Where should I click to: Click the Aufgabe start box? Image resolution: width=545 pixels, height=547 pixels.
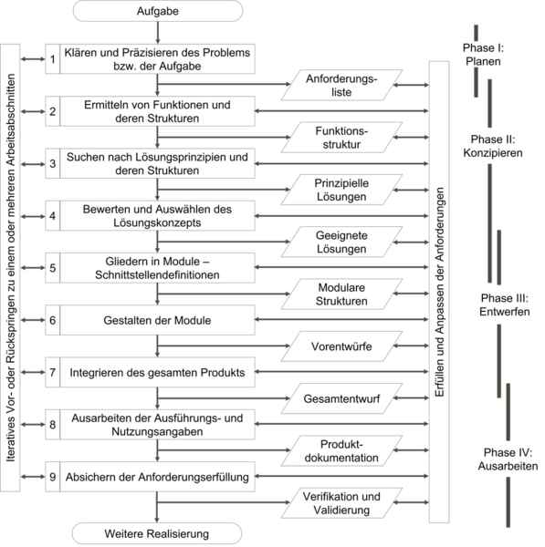pyautogui.click(x=158, y=11)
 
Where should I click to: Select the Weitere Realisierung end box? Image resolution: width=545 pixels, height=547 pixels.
pyautogui.click(x=157, y=533)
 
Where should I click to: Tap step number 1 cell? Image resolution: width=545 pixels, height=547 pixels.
pyautogui.click(x=53, y=59)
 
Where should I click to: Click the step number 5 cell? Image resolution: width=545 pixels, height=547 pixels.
pyautogui.click(x=53, y=268)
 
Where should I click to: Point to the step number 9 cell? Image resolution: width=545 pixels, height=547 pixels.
pyautogui.click(x=53, y=477)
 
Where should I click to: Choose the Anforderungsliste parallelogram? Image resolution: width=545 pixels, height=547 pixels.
pyautogui.click(x=341, y=85)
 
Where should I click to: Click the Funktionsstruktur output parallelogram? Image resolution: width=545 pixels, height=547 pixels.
pyautogui.click(x=341, y=138)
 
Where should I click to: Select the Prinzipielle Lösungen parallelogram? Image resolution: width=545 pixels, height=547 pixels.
pyautogui.click(x=341, y=190)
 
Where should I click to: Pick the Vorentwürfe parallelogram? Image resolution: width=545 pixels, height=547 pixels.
pyautogui.click(x=341, y=346)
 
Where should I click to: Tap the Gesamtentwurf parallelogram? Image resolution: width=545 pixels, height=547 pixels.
pyautogui.click(x=341, y=398)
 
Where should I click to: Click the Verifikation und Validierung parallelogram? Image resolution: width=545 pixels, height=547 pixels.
pyautogui.click(x=341, y=503)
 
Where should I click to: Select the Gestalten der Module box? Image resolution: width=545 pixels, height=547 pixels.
pyautogui.click(x=157, y=320)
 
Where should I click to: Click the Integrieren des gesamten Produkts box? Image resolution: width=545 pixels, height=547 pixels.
pyautogui.click(x=157, y=372)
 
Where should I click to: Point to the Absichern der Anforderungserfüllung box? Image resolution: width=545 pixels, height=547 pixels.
pyautogui.click(x=157, y=477)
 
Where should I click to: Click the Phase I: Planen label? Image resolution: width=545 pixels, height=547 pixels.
pyautogui.click(x=483, y=55)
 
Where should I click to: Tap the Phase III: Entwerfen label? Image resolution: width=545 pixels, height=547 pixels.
pyautogui.click(x=505, y=304)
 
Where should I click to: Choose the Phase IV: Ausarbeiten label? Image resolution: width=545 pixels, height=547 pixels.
pyautogui.click(x=508, y=459)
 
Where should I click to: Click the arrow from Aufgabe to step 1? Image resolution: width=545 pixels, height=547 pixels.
pyautogui.click(x=158, y=33)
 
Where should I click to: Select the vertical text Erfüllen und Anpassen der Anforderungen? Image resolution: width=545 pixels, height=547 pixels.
pyautogui.click(x=439, y=292)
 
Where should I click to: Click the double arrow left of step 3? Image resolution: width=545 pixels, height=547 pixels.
pyautogui.click(x=33, y=164)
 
